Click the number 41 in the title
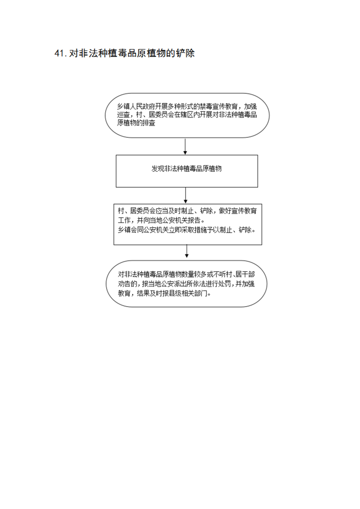point(60,54)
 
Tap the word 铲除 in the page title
point(185,54)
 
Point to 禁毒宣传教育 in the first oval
point(219,107)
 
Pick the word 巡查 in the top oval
point(123,115)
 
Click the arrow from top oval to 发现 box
point(185,147)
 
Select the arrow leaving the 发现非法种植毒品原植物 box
point(186,196)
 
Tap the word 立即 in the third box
point(169,230)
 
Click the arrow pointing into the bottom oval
point(187,251)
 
